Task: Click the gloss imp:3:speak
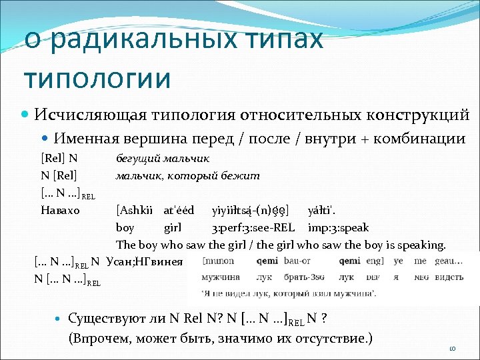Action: pyautogui.click(x=338, y=228)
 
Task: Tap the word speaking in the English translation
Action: pyautogui.click(x=423, y=245)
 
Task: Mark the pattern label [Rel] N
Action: pyautogui.click(x=59, y=159)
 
